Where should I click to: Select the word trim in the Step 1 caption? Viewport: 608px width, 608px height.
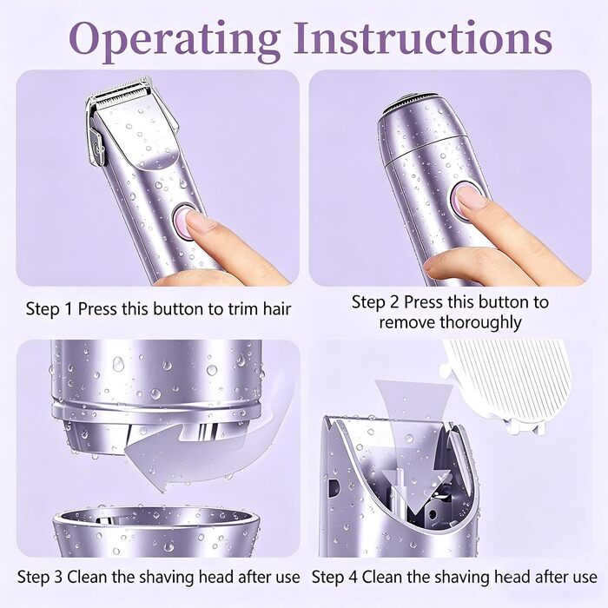pos(239,309)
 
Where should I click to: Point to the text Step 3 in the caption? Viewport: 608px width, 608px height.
pos(40,578)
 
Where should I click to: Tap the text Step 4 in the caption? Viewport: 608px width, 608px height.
pos(334,578)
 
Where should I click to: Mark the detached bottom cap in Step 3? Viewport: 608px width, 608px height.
pos(155,532)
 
